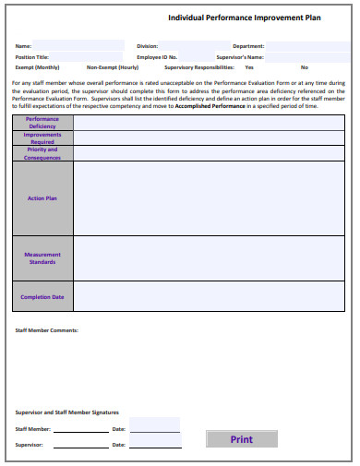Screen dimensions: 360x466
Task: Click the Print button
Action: [x=242, y=439]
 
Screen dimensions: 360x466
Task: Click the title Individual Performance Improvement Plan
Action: [x=245, y=18]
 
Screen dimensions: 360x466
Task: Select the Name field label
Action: [x=24, y=45]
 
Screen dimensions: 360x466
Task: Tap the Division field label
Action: [x=147, y=45]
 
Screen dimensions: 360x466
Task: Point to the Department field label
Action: [x=248, y=45]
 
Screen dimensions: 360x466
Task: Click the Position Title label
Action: [x=32, y=56]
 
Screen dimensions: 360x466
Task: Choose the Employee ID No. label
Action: [x=156, y=56]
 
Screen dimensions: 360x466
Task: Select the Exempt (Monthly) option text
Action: [x=38, y=67]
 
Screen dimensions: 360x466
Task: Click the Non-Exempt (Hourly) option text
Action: [x=113, y=67]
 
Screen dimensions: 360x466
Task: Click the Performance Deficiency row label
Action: [x=42, y=123]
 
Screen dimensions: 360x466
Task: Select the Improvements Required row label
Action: [x=42, y=138]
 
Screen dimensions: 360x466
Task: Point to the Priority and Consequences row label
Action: [x=42, y=153]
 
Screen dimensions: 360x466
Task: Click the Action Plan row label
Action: [x=42, y=198]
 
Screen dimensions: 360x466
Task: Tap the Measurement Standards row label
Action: [x=42, y=257]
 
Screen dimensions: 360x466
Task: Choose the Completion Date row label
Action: [x=42, y=297]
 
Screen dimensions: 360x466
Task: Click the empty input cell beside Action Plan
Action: [x=209, y=198]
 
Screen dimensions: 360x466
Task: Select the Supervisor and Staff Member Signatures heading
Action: [x=67, y=412]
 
